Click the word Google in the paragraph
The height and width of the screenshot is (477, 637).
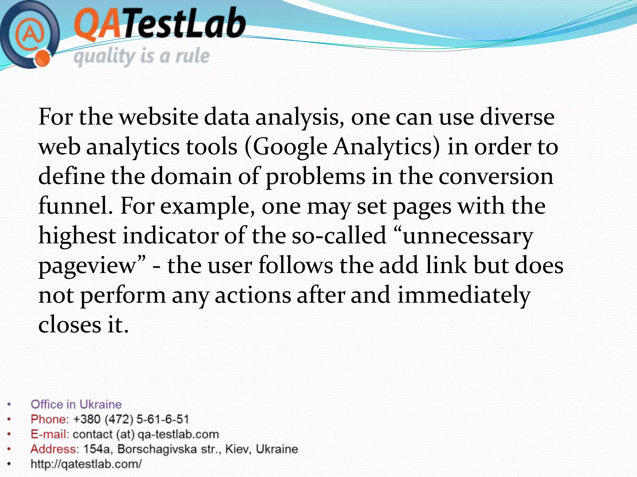tap(290, 147)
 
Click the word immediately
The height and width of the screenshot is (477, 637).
tap(464, 295)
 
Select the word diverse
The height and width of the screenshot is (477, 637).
tap(517, 117)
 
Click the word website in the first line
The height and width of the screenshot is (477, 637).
tap(159, 117)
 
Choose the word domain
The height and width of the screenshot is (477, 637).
tap(191, 176)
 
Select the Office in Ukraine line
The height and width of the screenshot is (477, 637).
tap(76, 404)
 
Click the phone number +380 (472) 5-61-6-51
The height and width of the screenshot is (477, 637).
tap(131, 419)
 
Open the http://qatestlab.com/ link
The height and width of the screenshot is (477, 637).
tap(86, 464)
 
